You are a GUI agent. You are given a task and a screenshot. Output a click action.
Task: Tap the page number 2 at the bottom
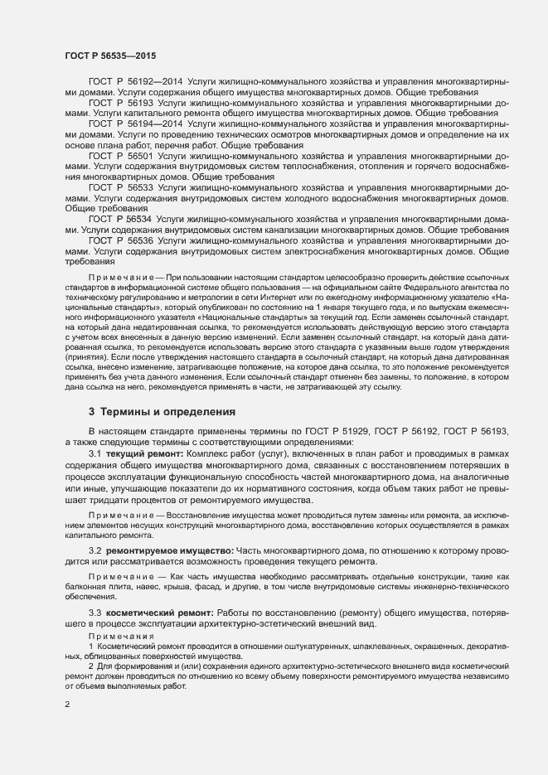point(67,705)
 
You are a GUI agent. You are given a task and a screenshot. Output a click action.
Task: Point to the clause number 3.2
point(95,550)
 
